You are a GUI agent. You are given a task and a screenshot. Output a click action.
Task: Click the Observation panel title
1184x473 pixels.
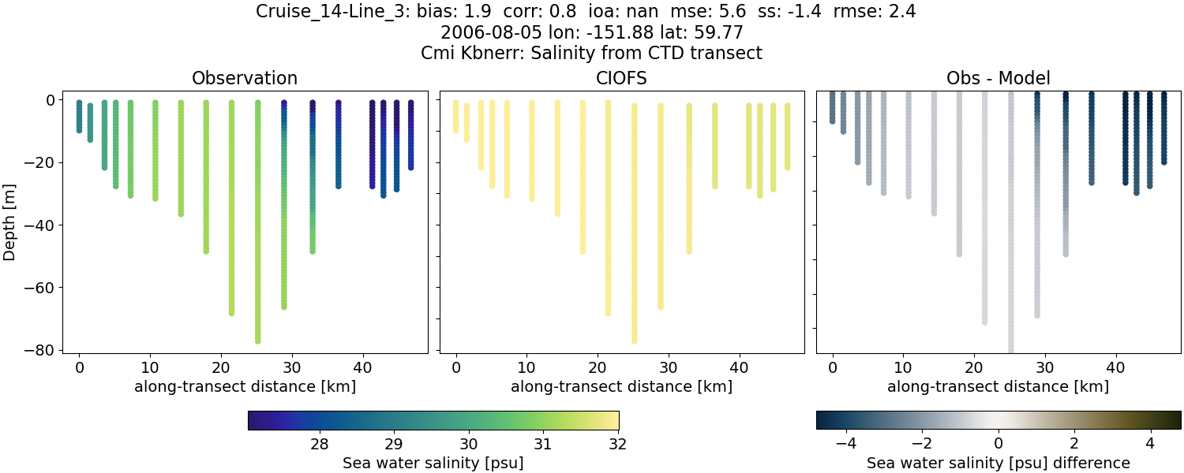click(245, 79)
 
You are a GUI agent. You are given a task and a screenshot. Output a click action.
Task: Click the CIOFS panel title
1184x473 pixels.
click(621, 79)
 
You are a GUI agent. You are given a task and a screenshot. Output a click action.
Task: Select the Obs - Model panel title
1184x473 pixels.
click(998, 79)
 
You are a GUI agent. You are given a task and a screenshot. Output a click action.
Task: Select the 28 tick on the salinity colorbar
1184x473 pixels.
click(319, 443)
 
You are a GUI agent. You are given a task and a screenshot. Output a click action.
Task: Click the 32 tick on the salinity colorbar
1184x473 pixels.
click(618, 443)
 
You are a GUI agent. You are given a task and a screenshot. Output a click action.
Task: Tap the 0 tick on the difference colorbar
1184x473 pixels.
click(999, 443)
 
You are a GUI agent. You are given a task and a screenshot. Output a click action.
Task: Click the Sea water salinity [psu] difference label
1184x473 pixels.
click(998, 463)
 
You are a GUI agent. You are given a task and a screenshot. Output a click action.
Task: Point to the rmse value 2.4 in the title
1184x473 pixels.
click(901, 12)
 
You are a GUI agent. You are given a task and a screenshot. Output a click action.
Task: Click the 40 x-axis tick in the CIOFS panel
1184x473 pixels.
click(739, 367)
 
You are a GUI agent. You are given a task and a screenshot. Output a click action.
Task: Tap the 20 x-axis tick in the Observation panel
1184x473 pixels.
click(220, 367)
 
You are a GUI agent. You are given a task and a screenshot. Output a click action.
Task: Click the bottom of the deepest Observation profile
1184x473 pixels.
click(258, 341)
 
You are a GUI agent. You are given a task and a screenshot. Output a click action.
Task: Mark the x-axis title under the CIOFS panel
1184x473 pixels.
click(621, 387)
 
